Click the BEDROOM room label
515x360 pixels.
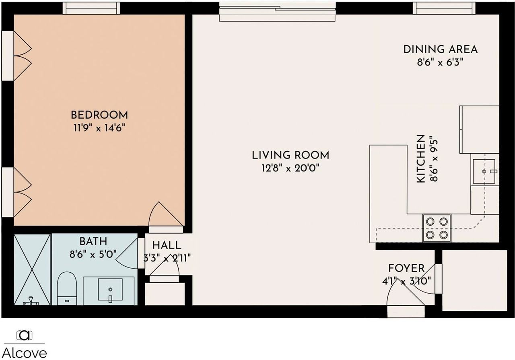click(x=99, y=115)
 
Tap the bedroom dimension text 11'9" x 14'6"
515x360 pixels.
click(x=99, y=128)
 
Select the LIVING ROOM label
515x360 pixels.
click(x=290, y=155)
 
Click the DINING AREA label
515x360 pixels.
click(x=441, y=49)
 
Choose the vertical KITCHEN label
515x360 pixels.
click(x=421, y=158)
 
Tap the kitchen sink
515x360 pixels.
click(x=484, y=171)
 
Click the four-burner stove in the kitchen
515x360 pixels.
click(x=437, y=228)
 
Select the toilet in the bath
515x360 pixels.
click(x=67, y=288)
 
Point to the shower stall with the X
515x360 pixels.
click(x=33, y=269)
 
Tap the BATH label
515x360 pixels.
click(x=93, y=242)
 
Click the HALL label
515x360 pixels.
click(x=167, y=245)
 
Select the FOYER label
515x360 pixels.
click(x=406, y=268)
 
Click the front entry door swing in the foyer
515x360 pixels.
click(x=402, y=294)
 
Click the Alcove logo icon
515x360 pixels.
click(x=25, y=335)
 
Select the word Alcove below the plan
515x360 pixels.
click(x=26, y=353)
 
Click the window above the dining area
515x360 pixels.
click(x=445, y=8)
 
